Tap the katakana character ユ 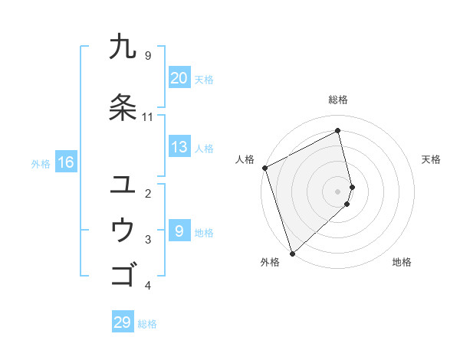coord(123,184)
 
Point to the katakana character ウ coord(123,230)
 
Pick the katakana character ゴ coord(123,274)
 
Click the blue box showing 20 coord(179,78)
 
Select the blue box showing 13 coord(179,147)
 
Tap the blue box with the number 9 coord(179,231)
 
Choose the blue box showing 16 coord(65,162)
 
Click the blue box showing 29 coord(123,322)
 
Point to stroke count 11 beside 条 coord(148,117)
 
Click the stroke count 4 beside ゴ coord(148,286)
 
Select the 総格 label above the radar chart coord(338,100)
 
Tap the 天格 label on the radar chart coord(431,159)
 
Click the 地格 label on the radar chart coord(402,262)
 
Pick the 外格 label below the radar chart coord(270,262)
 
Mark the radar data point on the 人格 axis coord(264,168)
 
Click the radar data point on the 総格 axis coord(338,130)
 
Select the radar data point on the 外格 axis coord(292,253)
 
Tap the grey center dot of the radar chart coord(338,191)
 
